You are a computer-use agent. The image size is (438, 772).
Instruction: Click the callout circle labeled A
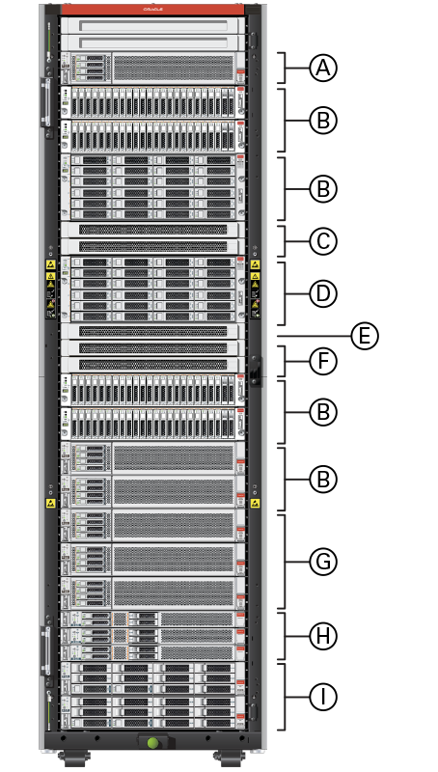[323, 69]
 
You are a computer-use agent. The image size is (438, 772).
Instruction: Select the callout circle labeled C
[323, 239]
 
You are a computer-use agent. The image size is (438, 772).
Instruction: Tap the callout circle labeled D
[323, 292]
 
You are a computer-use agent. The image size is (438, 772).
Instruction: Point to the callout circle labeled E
[363, 336]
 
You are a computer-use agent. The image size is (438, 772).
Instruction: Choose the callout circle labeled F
[323, 362]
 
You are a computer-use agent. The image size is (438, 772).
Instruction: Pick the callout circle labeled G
[323, 561]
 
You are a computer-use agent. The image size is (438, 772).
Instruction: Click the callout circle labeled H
[323, 635]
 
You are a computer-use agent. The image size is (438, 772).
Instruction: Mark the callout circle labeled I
[323, 696]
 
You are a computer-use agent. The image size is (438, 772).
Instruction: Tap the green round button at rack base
[151, 743]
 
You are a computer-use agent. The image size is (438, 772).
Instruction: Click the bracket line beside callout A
[285, 69]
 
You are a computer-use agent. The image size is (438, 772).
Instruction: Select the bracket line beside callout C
[285, 239]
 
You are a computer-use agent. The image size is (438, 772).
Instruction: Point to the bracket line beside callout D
[285, 292]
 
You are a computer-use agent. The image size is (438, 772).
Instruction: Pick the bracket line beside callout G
[285, 561]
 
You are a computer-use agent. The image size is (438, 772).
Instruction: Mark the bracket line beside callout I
[285, 696]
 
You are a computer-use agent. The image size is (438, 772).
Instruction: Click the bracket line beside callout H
[285, 635]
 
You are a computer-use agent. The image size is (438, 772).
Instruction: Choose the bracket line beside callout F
[285, 362]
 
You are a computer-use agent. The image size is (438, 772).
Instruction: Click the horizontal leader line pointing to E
[309, 336]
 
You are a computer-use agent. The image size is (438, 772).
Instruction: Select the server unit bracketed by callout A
[151, 69]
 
